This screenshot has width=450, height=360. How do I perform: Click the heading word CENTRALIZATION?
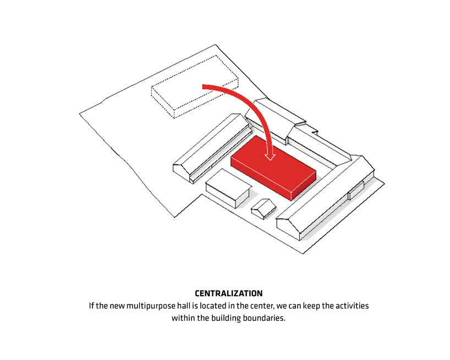(229, 293)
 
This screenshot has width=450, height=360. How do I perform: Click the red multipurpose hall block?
(273, 167)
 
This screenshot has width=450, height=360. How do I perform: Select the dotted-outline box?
(195, 86)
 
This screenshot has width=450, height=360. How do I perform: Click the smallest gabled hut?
(264, 209)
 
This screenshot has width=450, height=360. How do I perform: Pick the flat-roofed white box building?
(228, 188)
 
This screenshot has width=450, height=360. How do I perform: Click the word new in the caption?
(117, 306)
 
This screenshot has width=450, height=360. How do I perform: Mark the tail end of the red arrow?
(202, 87)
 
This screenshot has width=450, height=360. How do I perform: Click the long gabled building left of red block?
(212, 148)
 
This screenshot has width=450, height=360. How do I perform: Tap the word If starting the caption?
(91, 306)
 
